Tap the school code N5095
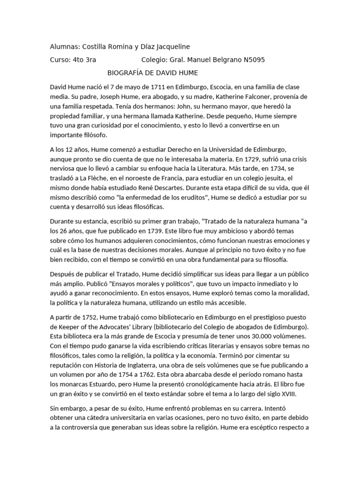[x=252, y=60]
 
